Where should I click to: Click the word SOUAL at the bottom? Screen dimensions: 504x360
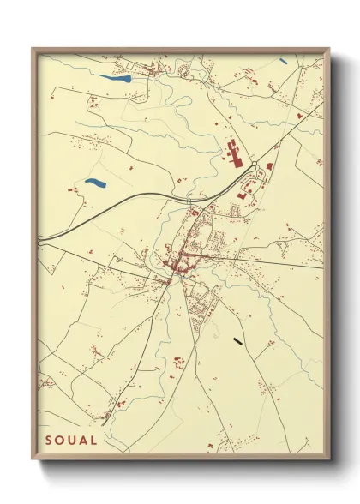(x=72, y=441)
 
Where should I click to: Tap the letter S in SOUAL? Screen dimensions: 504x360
(x=49, y=441)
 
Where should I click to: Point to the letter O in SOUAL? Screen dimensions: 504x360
(x=60, y=441)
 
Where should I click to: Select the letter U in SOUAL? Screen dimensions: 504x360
(x=72, y=441)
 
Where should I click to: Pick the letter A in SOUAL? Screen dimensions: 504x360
(x=83, y=441)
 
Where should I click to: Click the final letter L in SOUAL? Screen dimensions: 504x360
(x=94, y=441)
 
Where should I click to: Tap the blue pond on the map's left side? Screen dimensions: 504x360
(x=93, y=183)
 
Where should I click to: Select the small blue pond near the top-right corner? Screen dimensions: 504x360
(x=282, y=61)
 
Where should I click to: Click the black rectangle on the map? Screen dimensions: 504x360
(x=238, y=341)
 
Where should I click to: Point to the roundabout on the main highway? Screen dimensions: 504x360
(x=254, y=165)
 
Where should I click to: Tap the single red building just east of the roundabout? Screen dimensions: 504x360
(x=269, y=165)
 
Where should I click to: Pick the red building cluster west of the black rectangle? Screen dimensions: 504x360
(x=179, y=363)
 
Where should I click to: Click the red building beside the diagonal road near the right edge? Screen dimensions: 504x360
(x=299, y=114)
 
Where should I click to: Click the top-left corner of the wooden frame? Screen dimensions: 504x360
(x=33, y=49)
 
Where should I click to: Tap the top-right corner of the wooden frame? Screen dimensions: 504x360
(x=330, y=49)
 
